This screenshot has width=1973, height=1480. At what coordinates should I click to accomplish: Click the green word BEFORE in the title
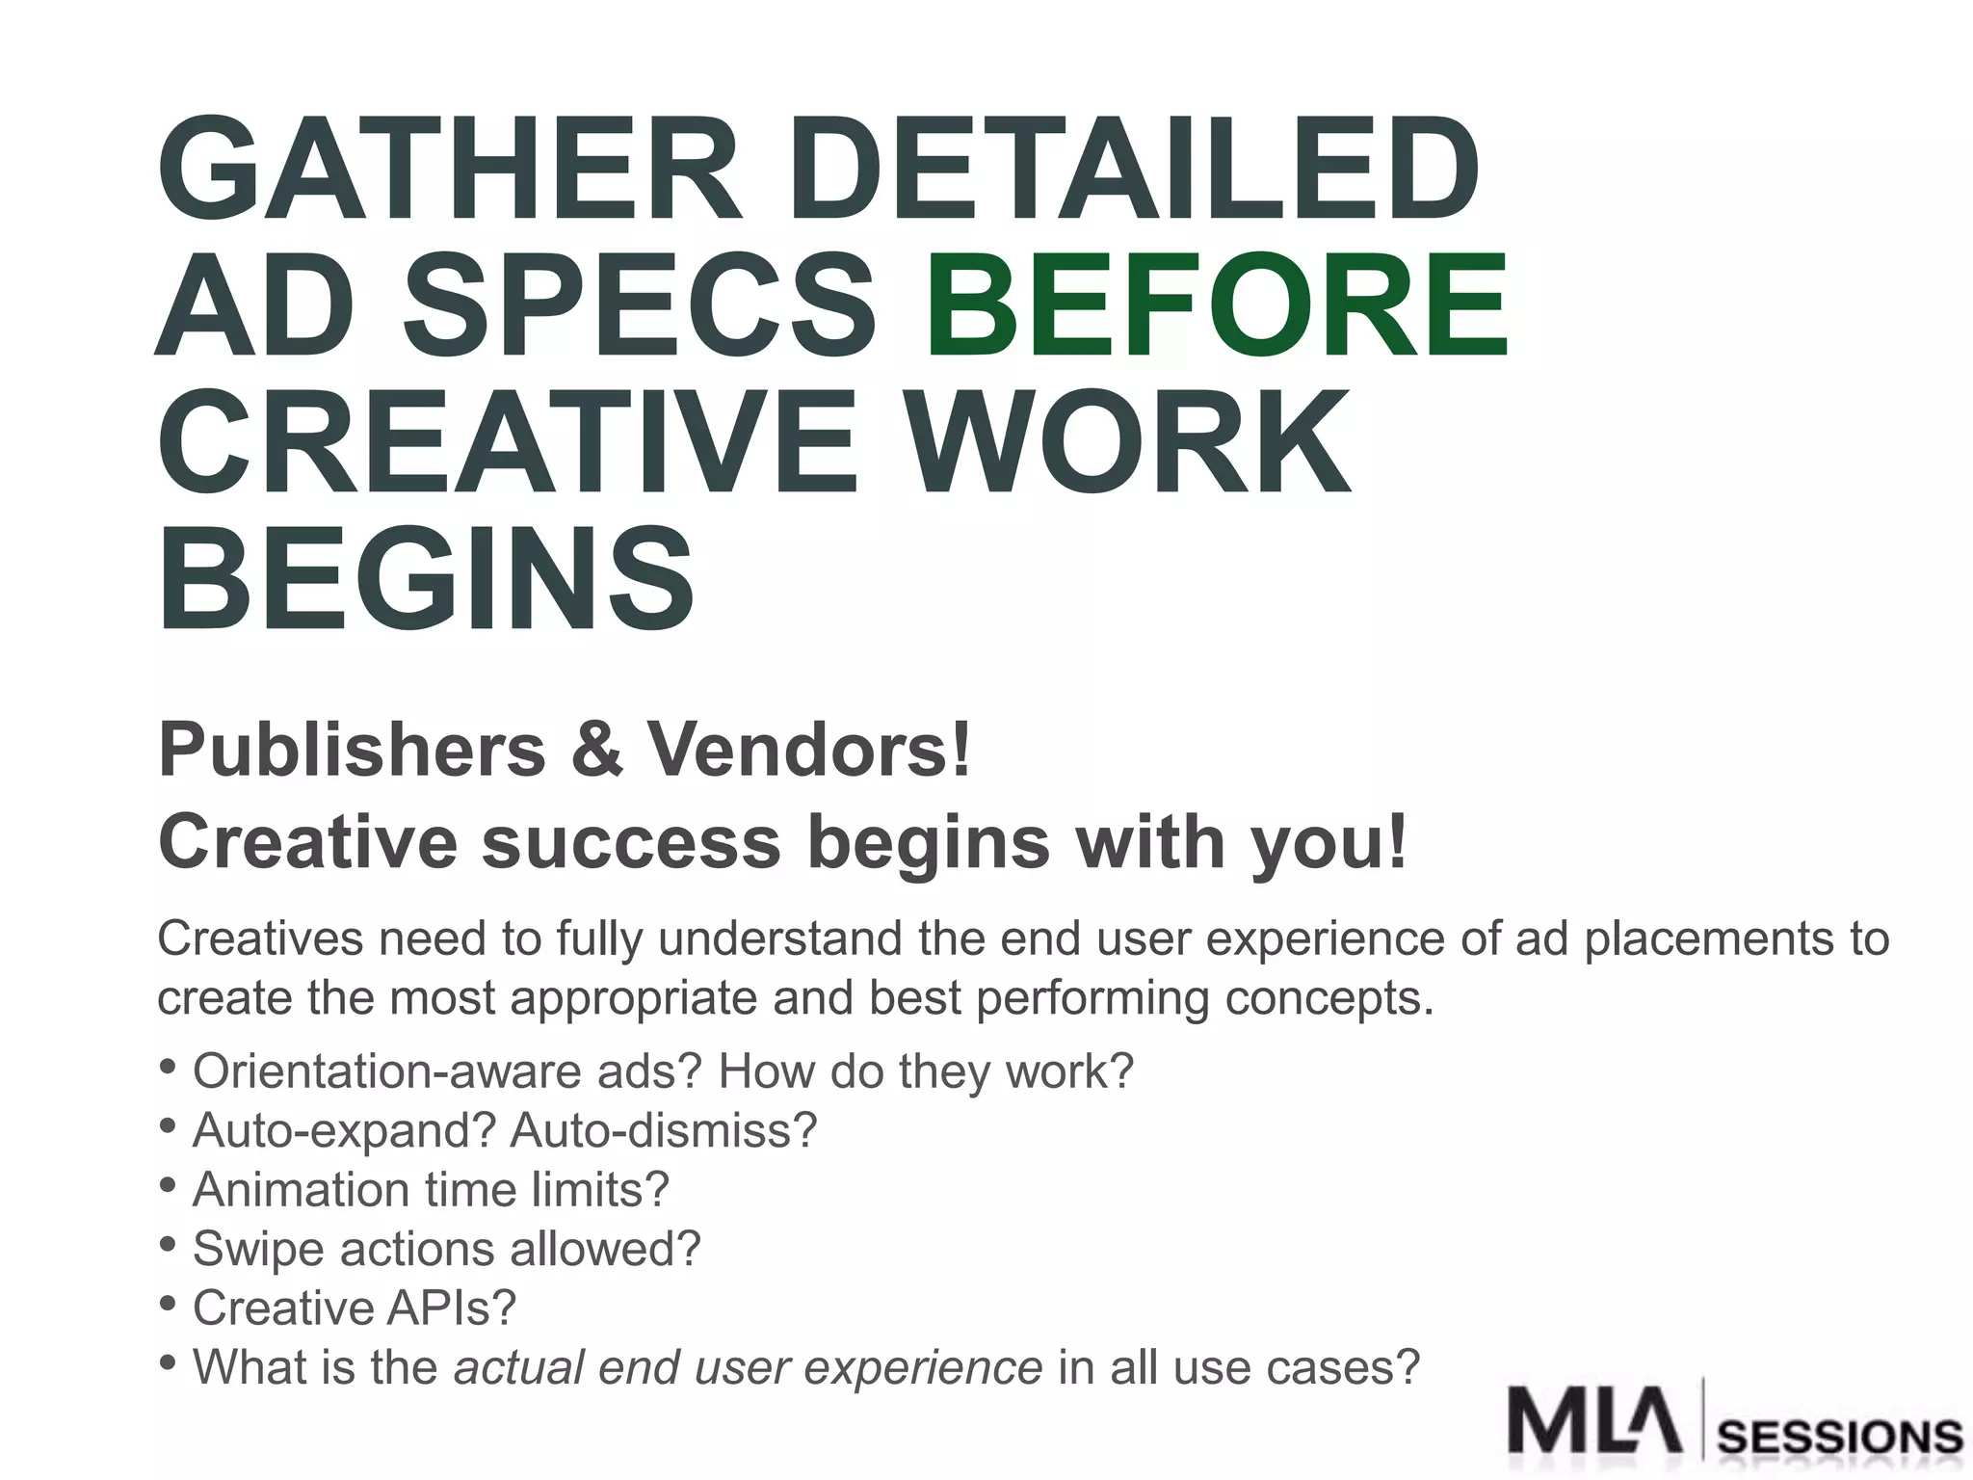coord(1217,304)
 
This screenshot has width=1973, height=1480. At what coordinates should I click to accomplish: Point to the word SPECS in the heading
coord(639,304)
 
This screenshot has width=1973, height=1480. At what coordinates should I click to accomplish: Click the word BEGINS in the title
coord(425,578)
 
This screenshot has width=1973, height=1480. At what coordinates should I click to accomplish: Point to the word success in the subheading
coord(631,842)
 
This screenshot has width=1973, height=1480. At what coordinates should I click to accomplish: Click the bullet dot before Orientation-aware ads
coord(168,1067)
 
